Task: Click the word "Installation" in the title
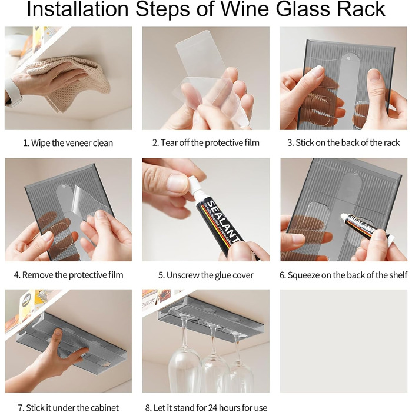tap(78, 9)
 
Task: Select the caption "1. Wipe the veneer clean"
tap(68, 143)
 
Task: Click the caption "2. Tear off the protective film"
tap(206, 143)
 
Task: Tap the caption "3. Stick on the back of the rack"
tap(343, 143)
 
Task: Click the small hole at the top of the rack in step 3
tap(349, 58)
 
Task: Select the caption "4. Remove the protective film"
tap(69, 275)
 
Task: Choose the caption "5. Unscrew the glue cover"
tap(206, 275)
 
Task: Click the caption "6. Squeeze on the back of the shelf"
tap(343, 275)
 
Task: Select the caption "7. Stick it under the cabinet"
tap(68, 407)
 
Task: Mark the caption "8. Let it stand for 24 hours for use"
tap(206, 407)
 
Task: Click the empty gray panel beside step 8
tap(343, 341)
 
